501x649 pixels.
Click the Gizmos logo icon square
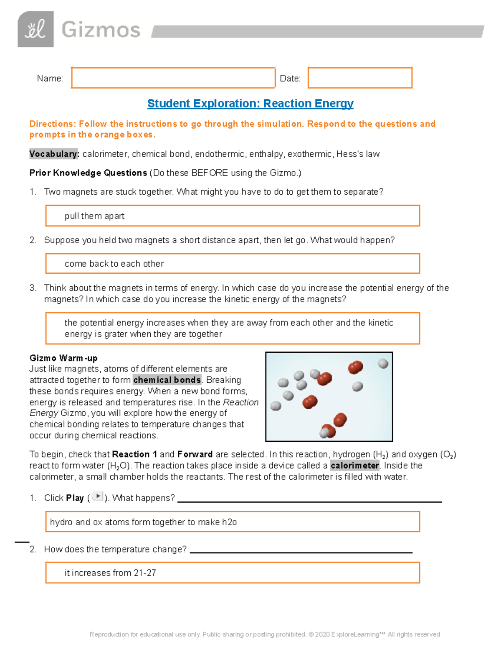(35, 29)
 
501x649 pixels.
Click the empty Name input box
(173, 78)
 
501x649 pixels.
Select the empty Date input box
(360, 78)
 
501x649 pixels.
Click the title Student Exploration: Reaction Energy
(250, 103)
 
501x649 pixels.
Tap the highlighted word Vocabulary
(54, 154)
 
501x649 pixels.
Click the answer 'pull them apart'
(94, 216)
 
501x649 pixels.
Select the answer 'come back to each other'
(114, 264)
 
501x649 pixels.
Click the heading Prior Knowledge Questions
(88, 173)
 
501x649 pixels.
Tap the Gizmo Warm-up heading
(63, 358)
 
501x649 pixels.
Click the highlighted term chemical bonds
(167, 380)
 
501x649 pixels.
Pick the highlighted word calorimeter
(354, 466)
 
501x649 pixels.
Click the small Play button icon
(98, 496)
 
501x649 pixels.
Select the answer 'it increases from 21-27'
(110, 573)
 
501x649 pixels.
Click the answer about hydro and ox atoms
(143, 522)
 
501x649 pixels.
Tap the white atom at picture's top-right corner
(383, 364)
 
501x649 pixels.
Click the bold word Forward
(195, 454)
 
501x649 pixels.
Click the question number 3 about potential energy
(33, 288)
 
